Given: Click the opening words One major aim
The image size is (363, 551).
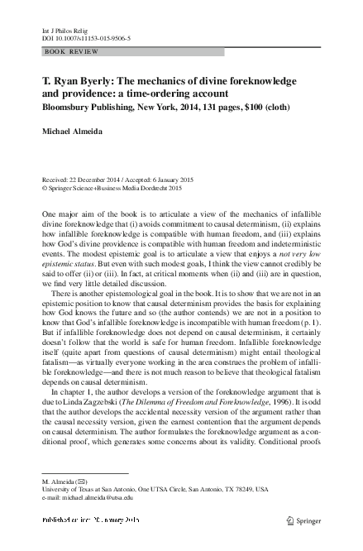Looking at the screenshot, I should (69, 214).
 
